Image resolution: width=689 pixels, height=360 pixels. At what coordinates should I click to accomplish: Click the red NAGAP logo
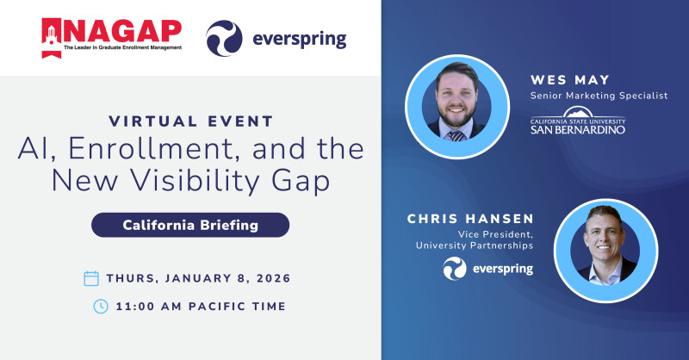(112, 36)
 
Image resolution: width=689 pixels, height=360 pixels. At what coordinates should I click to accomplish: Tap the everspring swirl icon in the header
(224, 39)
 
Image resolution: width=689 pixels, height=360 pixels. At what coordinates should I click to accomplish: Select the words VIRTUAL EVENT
(191, 121)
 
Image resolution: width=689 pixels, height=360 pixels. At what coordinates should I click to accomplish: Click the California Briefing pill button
(190, 225)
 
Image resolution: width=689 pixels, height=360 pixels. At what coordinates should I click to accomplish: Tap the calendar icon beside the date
(91, 278)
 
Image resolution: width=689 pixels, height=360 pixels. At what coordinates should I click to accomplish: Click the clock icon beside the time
(101, 306)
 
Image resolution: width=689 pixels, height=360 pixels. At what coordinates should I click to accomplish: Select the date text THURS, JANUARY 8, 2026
(198, 278)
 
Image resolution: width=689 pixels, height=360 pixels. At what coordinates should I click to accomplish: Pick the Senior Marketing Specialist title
(599, 96)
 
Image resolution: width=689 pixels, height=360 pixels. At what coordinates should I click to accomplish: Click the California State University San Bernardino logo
(577, 121)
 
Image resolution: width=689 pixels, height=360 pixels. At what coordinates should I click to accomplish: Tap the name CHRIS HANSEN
(469, 220)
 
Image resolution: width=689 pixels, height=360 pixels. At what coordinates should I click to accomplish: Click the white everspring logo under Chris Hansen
(488, 269)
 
